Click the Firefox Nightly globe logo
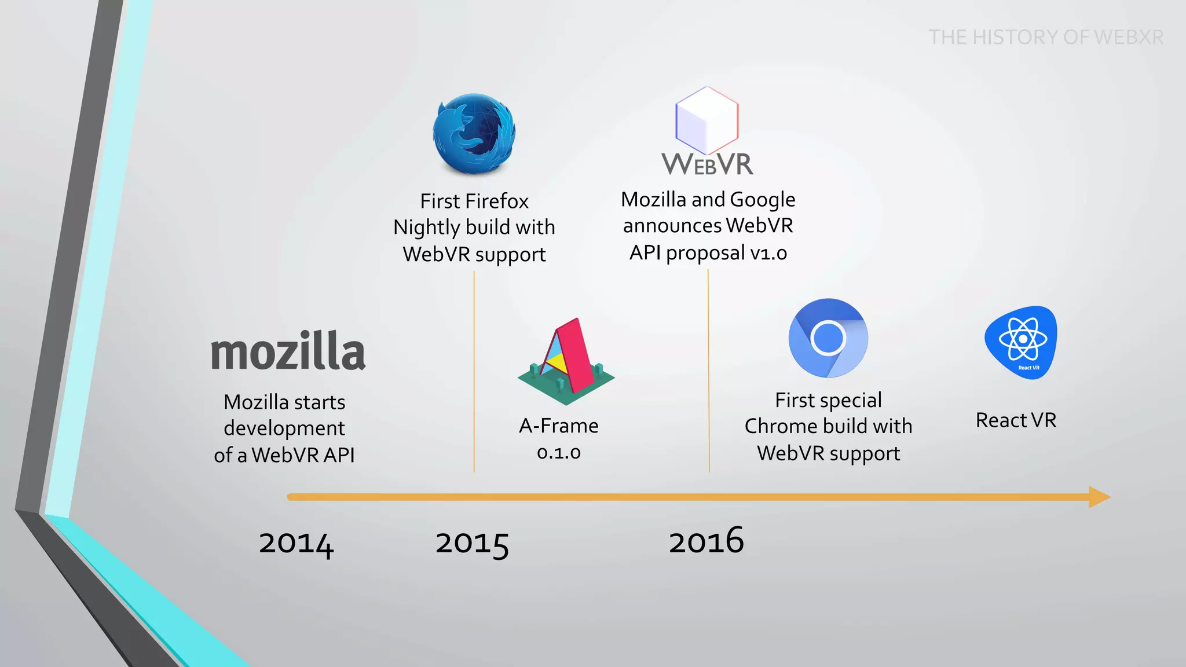click(x=474, y=134)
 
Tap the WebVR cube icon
click(x=707, y=120)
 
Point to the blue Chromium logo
click(x=828, y=338)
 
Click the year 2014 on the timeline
click(x=296, y=544)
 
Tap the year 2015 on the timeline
click(x=472, y=544)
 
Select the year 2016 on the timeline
click(x=706, y=541)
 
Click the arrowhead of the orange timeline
click(x=1099, y=497)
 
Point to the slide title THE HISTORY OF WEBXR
click(x=1046, y=37)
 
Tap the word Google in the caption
click(x=763, y=200)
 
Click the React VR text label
click(x=1016, y=420)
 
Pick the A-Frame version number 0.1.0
click(x=559, y=452)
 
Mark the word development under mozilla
click(x=284, y=428)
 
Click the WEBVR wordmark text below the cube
click(x=708, y=164)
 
